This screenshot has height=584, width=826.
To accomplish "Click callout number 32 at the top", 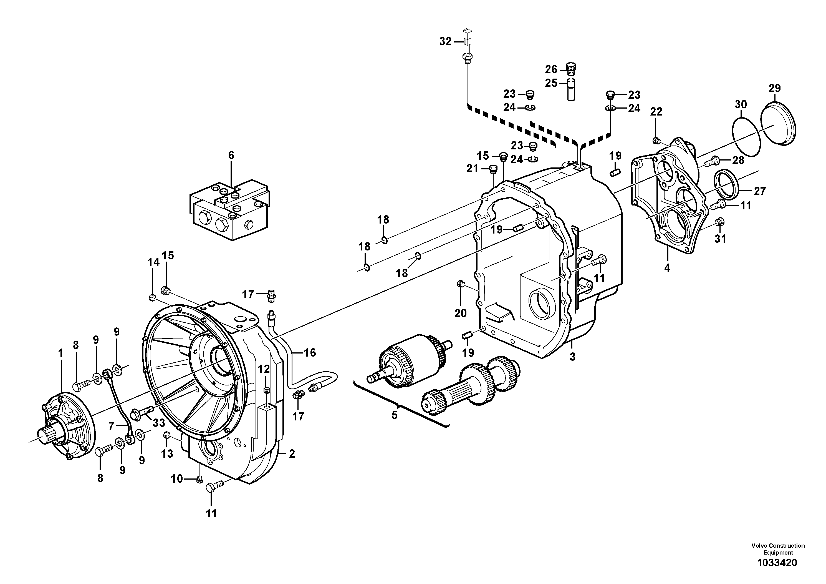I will click(445, 42).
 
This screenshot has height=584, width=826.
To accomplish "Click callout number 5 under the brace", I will click(394, 415).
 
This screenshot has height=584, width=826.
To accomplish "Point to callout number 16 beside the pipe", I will click(309, 352).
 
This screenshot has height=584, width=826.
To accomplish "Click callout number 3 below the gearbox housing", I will click(572, 357).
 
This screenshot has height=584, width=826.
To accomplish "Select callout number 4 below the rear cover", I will click(667, 268).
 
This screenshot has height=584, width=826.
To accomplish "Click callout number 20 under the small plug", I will click(460, 313).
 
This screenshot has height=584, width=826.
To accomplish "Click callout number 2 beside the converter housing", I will click(292, 454).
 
